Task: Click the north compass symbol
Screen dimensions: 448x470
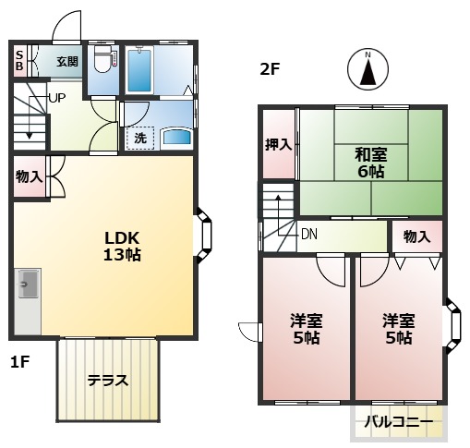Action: tap(367, 70)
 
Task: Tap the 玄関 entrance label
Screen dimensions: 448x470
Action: tap(66, 62)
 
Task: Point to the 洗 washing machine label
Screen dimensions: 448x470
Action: tap(140, 138)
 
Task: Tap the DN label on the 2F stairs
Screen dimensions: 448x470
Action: tap(308, 234)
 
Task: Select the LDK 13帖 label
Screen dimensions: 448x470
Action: tap(122, 246)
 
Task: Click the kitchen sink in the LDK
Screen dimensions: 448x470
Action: tap(26, 287)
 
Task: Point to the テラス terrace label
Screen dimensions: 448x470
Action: tap(108, 380)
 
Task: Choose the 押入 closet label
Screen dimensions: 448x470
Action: tap(278, 144)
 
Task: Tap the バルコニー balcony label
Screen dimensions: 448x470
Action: tap(398, 422)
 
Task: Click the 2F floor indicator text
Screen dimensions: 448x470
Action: tap(269, 67)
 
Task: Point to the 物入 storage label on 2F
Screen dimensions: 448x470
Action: tap(416, 236)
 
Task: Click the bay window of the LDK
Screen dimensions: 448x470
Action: tap(203, 236)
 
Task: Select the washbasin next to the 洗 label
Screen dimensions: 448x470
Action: tap(175, 139)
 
